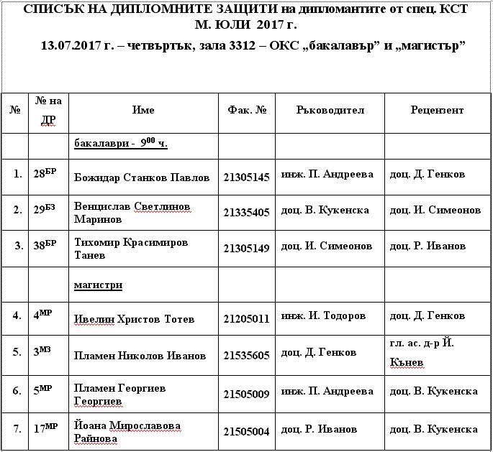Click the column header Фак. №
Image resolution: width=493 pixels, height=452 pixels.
pos(247,111)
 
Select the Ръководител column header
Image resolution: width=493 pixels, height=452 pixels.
pos(330,111)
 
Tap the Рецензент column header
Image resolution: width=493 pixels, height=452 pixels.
pos(437,111)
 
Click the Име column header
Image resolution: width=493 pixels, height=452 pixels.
pos(143,111)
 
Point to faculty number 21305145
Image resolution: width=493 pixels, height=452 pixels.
pos(246,177)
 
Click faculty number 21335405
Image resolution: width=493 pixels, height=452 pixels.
pos(246,212)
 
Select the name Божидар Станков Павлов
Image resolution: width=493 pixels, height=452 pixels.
pos(142,177)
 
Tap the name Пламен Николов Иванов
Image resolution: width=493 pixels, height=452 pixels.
pos(140,356)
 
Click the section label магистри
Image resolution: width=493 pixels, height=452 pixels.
pos(98,285)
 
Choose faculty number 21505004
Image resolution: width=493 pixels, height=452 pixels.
pos(246,432)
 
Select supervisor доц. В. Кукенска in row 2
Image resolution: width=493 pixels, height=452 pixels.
pos(325,211)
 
